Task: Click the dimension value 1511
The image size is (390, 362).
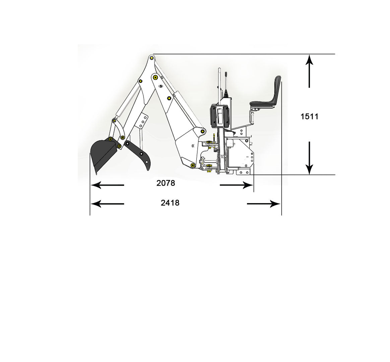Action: [309, 116]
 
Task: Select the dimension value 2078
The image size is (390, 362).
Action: [166, 183]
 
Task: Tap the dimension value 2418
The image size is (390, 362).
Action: [170, 203]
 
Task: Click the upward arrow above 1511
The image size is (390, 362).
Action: [309, 71]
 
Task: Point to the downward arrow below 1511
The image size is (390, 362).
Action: [309, 158]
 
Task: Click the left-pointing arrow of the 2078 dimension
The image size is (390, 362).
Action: [107, 185]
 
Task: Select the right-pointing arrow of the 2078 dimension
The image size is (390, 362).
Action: [237, 185]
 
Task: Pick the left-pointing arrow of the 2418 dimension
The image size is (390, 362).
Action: [107, 204]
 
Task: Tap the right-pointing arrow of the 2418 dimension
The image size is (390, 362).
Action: [264, 204]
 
